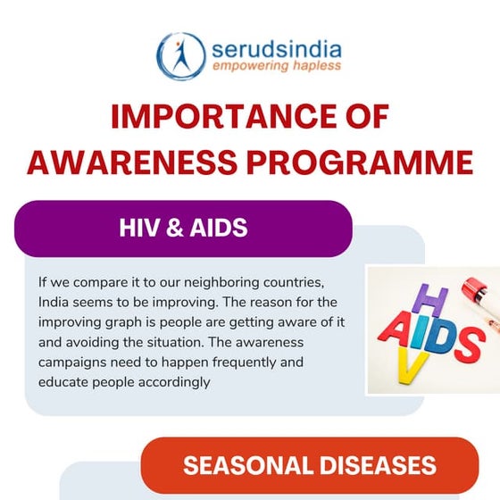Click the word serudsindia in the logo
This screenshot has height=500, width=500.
click(277, 46)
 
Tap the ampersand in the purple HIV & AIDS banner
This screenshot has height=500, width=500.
click(176, 229)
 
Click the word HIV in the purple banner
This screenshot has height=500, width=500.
click(140, 229)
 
